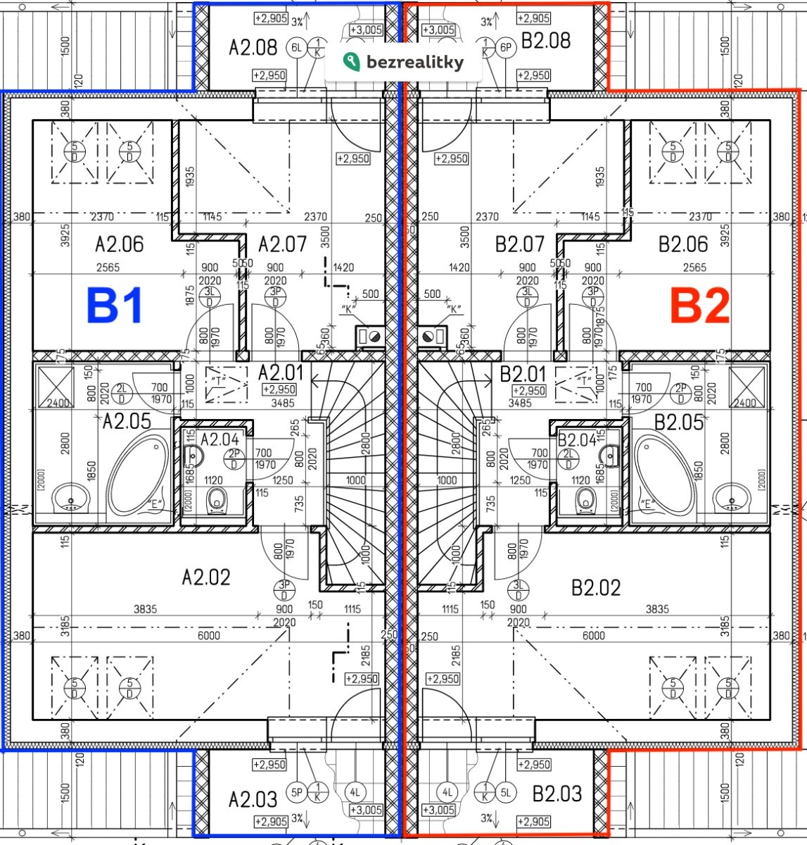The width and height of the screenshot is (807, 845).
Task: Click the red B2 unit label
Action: (699, 307)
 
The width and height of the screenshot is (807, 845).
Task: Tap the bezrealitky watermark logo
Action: (404, 62)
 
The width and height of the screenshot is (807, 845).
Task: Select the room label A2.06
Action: (120, 244)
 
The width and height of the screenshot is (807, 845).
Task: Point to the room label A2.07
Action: (282, 244)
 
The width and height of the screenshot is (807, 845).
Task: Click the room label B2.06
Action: (683, 244)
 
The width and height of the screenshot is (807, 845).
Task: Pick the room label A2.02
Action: (206, 577)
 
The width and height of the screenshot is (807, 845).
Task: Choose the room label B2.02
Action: (595, 587)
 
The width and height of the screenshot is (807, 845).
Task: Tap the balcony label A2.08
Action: (253, 48)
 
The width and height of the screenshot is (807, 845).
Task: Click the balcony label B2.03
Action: (557, 794)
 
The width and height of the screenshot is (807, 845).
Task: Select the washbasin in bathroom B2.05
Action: (732, 499)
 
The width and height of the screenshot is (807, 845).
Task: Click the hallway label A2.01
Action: (280, 373)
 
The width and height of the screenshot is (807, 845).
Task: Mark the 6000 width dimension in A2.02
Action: (208, 635)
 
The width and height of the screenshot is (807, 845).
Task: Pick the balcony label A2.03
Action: (253, 799)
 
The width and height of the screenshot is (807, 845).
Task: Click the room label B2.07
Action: (520, 244)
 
